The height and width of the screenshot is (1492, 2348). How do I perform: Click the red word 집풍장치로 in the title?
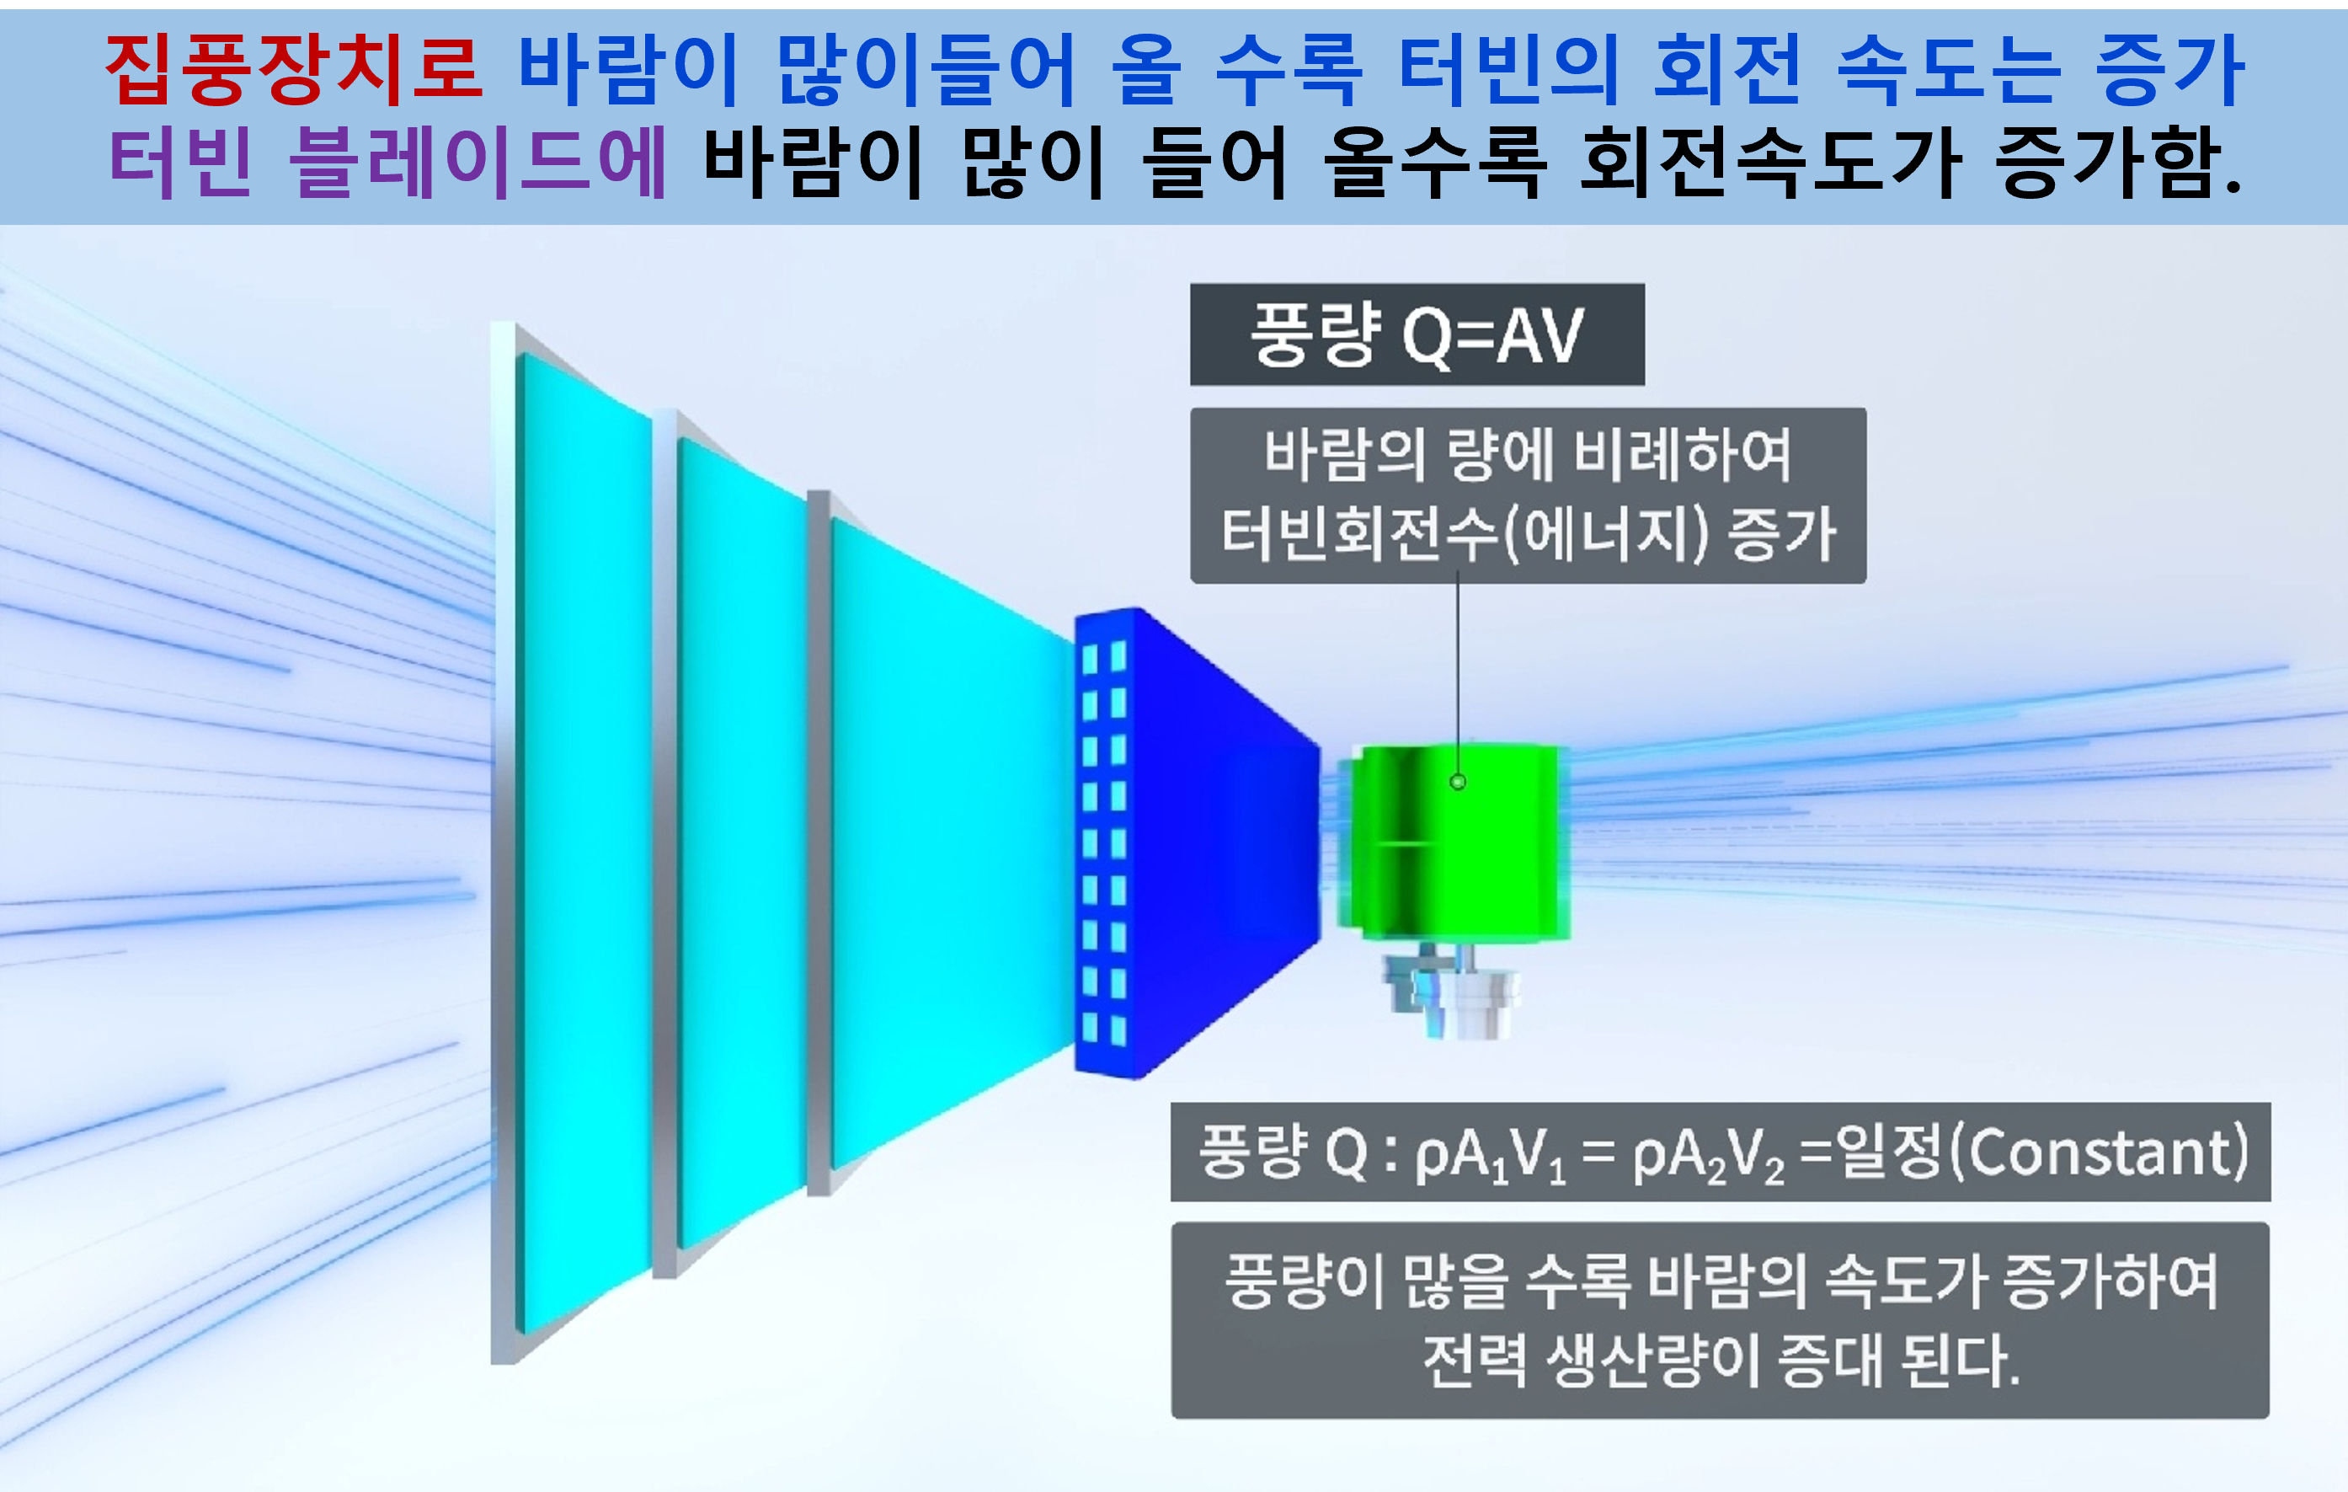click(x=293, y=69)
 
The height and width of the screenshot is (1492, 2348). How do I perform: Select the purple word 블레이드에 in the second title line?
click(x=478, y=162)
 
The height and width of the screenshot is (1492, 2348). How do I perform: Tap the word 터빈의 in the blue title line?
click(x=1508, y=69)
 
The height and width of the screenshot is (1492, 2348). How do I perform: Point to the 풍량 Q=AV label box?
click(x=1417, y=334)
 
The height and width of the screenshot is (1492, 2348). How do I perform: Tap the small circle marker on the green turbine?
click(x=1458, y=781)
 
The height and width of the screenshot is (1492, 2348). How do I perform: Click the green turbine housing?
click(x=1453, y=843)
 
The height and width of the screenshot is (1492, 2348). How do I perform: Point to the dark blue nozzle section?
click(x=1198, y=843)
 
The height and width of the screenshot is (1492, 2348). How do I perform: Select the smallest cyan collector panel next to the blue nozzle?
click(x=951, y=843)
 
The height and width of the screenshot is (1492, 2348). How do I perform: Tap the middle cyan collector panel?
click(x=741, y=843)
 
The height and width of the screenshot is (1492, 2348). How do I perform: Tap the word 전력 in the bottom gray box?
click(x=1476, y=1360)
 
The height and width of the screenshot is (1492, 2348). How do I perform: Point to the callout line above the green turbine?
click(x=1458, y=677)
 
